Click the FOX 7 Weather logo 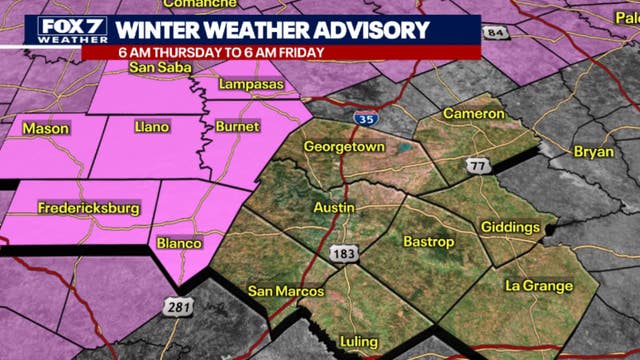pyautogui.click(x=66, y=30)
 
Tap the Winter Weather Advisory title pyautogui.click(x=273, y=30)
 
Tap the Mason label pyautogui.click(x=46, y=128)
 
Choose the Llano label pyautogui.click(x=154, y=127)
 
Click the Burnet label pyautogui.click(x=237, y=127)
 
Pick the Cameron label pyautogui.click(x=474, y=114)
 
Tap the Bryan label pyautogui.click(x=594, y=151)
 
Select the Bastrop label pyautogui.click(x=428, y=242)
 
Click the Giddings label pyautogui.click(x=510, y=228)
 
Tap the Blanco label pyautogui.click(x=179, y=243)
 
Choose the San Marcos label pyautogui.click(x=286, y=291)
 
